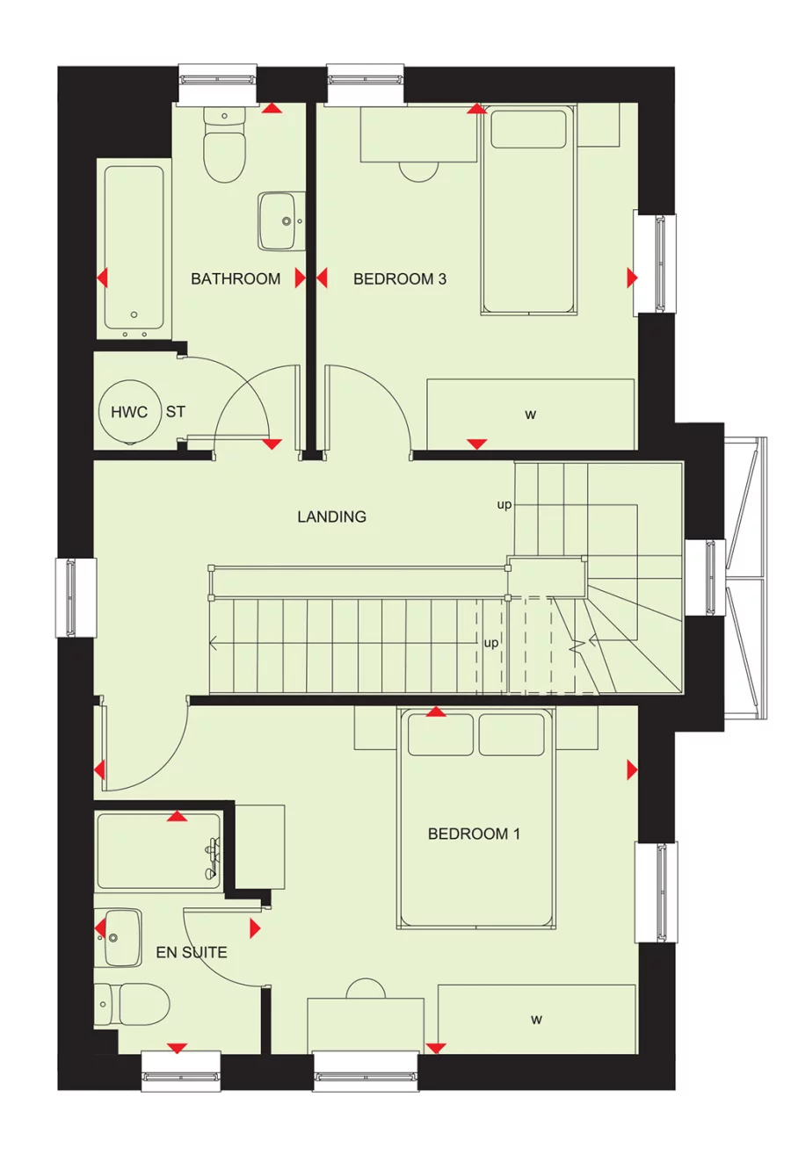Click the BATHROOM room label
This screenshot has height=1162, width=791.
pos(236,279)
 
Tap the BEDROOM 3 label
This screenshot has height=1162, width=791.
pos(400,279)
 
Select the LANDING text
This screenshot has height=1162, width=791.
pos(331,516)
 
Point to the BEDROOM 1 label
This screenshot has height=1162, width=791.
pos(474,834)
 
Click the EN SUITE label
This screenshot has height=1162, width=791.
pos(192,952)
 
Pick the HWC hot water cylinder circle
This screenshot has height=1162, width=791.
pos(129,412)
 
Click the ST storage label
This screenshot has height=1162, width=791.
pos(176,412)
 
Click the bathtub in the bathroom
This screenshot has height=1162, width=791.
pos(134,249)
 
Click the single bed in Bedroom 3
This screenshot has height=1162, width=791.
pos(528,211)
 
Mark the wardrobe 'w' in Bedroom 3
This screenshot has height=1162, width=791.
pos(530,415)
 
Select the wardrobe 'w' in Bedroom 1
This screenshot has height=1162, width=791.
pos(536,1019)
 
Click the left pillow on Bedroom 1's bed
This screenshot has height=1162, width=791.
pos(441,734)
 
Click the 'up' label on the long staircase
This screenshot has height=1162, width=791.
pos(491,643)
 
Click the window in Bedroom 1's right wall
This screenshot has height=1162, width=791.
pos(657,892)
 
